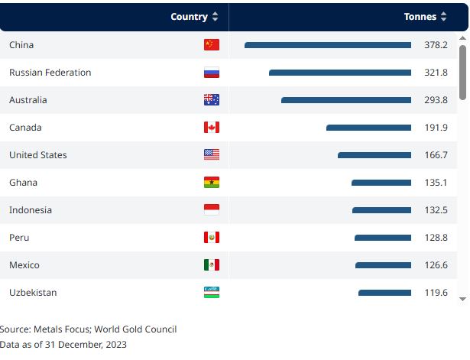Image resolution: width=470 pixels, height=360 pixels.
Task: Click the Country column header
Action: pos(189,17)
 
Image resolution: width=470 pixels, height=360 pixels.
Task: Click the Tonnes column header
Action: pos(420,17)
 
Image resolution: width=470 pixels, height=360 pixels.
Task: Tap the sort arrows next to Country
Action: pos(216,17)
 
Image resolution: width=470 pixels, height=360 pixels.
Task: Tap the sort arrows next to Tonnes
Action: pos(444,17)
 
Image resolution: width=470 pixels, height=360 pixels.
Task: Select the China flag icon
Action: pos(212,45)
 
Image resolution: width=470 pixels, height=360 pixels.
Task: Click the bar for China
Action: pos(328,45)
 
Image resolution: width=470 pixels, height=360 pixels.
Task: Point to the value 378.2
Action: pos(436,45)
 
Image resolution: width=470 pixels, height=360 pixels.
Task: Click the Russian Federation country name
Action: pos(50,73)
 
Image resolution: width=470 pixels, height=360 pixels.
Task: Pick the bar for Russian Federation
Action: pos(340,73)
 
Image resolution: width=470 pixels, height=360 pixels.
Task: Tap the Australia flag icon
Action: pos(212,100)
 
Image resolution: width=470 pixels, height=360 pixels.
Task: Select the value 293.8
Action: pos(436,100)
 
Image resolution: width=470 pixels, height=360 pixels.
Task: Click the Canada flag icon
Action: pos(212,128)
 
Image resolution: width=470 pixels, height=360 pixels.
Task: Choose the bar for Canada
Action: pos(368,128)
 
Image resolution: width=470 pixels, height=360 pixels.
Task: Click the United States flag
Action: pos(212,155)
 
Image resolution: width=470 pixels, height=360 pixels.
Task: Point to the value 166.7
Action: pos(436,155)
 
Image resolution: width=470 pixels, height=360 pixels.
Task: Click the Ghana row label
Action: pos(23,183)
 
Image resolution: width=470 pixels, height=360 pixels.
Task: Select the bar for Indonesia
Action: pos(381,210)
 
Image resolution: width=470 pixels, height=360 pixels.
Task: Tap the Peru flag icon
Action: pos(212,238)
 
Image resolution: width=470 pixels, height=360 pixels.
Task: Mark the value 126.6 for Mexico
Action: pos(436,265)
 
